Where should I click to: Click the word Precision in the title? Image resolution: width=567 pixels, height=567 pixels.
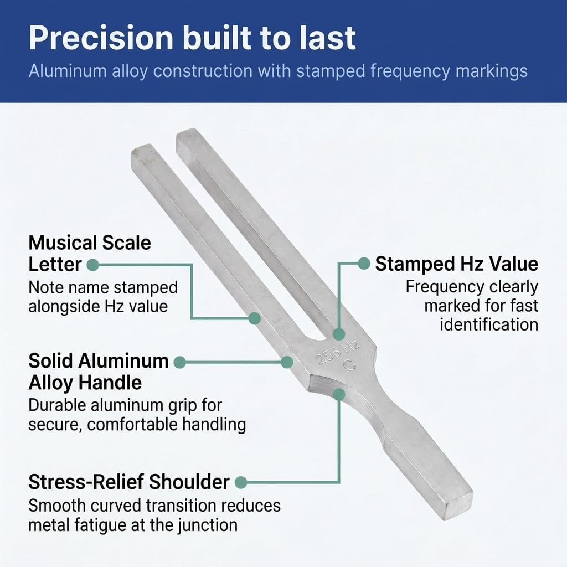101,38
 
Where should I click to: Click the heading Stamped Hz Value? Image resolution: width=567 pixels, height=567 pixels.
456,264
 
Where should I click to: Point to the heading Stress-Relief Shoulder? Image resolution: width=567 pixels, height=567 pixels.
128,482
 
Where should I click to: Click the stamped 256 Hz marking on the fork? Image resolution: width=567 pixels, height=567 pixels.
338,353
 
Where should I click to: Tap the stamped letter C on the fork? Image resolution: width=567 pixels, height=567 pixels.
349,365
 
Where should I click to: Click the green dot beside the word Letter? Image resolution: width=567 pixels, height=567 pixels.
93,265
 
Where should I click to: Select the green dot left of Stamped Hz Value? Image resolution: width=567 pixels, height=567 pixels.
364,263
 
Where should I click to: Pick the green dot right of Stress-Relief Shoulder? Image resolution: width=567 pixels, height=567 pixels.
241,482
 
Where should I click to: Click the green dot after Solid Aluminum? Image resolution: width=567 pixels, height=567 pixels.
180,362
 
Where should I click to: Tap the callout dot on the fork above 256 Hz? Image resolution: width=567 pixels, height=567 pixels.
339,334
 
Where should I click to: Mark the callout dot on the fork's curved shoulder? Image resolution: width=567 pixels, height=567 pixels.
339,394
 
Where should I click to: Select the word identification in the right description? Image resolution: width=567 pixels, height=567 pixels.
489,324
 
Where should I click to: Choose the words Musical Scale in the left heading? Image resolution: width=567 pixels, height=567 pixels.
90,243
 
